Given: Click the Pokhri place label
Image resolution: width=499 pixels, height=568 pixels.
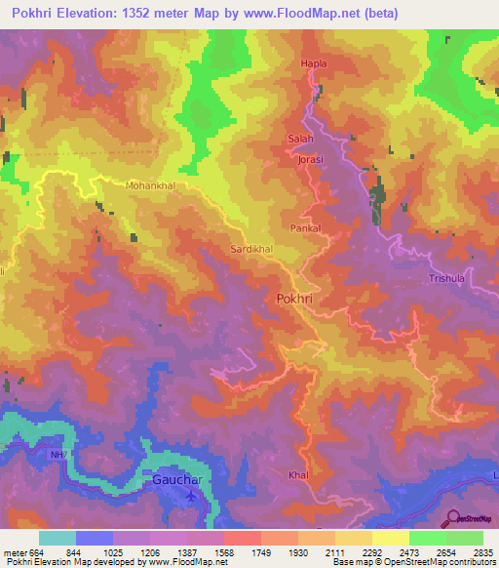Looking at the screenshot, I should (296, 301).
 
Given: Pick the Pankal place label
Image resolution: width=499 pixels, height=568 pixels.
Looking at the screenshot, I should (305, 227).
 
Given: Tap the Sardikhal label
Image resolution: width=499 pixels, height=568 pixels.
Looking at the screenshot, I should (250, 250).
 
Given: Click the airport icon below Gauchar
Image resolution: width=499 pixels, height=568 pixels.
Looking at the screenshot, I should (190, 496).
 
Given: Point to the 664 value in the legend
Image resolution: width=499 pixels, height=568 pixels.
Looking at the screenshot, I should (37, 551).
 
